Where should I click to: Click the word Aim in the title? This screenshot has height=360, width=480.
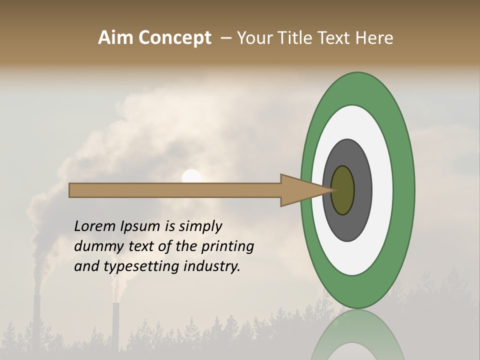coord(116,38)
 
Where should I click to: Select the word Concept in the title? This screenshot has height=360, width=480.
coord(174,38)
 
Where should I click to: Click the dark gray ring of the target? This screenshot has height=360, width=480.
coord(362,190)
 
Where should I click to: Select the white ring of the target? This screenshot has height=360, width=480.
coord(382,190)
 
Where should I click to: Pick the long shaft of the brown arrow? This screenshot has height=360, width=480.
coord(175,190)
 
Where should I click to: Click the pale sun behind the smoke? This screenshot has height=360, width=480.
coord(191,176)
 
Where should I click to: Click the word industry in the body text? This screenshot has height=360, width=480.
coord(212,266)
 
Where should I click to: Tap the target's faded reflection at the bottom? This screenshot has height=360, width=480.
coord(358,335)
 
